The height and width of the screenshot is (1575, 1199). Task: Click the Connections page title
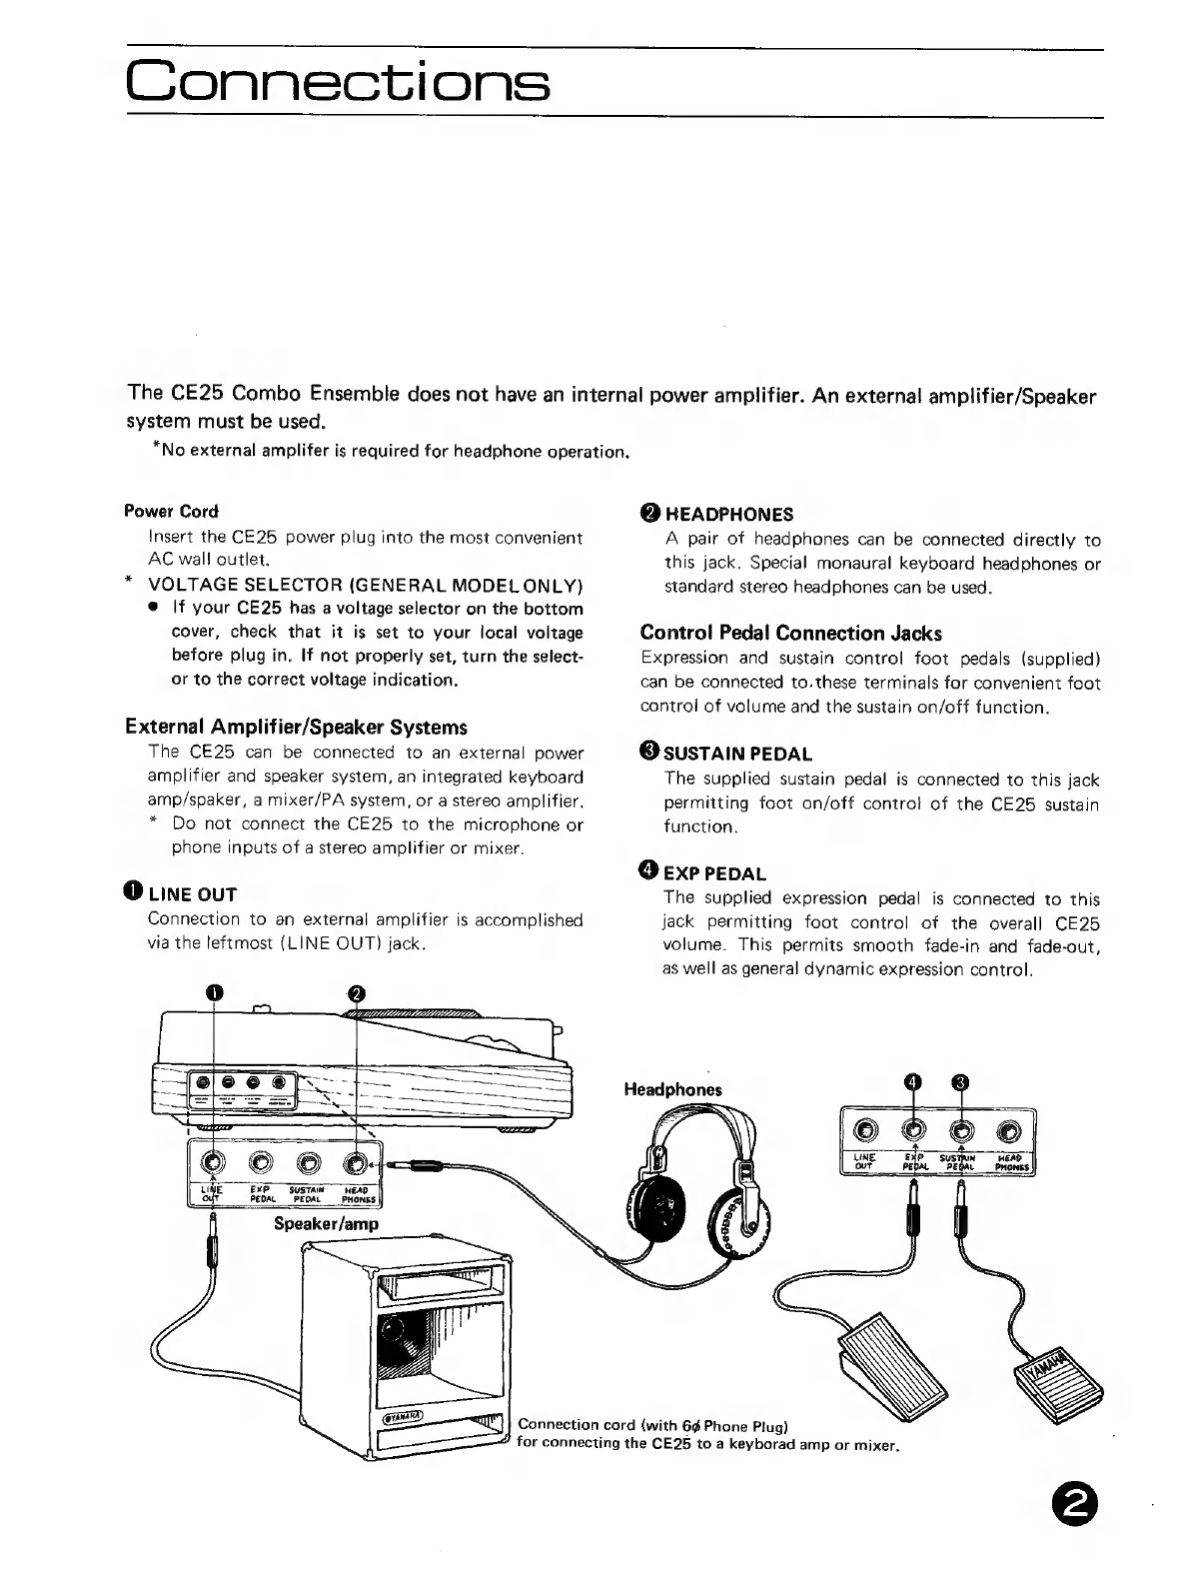point(338,81)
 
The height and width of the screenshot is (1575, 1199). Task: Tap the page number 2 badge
point(1074,1503)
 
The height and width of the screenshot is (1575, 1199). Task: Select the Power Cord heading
point(171,511)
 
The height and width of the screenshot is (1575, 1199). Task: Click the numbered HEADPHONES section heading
point(716,514)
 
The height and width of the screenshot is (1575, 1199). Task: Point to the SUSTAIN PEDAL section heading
point(725,754)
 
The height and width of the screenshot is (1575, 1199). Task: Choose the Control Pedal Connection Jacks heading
point(790,633)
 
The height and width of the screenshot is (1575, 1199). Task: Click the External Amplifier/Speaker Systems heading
point(296,727)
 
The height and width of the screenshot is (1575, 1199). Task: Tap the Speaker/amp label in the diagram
point(326,1223)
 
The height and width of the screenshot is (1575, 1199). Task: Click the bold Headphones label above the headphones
point(672,1089)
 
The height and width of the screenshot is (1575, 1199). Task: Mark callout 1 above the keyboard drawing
point(215,992)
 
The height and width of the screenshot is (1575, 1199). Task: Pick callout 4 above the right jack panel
point(912,1082)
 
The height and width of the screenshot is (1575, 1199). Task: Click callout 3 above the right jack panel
point(961,1082)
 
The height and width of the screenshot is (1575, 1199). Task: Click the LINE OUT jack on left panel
point(213,1162)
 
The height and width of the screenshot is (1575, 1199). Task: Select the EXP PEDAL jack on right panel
point(913,1131)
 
